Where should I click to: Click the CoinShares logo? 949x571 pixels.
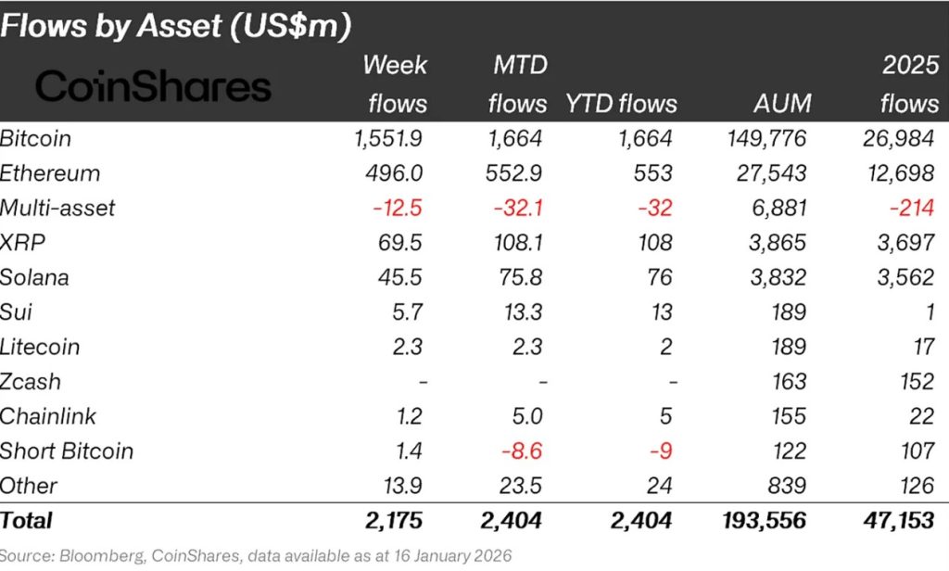[x=153, y=88]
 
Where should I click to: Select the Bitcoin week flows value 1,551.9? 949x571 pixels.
[x=388, y=139]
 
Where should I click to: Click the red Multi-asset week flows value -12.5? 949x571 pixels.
[x=399, y=208]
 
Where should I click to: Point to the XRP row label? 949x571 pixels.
[x=22, y=243]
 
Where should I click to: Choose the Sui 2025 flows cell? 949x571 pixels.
[x=930, y=312]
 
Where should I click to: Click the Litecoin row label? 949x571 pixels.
[x=41, y=347]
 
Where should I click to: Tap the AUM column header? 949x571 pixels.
[x=782, y=103]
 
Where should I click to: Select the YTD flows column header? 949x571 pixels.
[x=622, y=103]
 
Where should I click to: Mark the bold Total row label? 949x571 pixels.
[x=27, y=521]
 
